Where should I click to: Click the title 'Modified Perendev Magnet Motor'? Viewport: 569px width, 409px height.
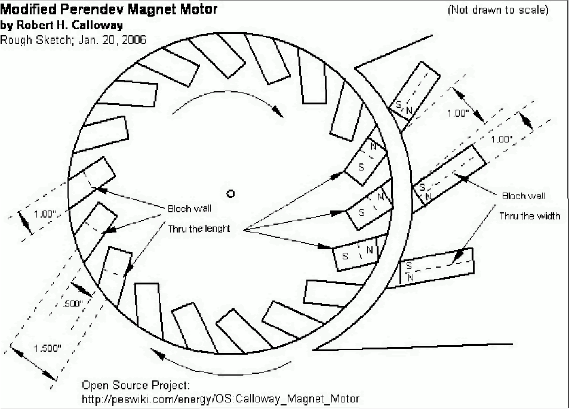109,10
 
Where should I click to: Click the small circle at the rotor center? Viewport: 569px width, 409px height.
231,193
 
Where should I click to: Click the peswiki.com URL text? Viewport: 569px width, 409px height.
220,398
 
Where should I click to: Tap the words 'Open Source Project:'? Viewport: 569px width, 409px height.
136,385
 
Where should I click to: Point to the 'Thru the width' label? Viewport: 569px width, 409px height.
530,216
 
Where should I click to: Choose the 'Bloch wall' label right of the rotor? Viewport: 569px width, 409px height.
523,196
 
